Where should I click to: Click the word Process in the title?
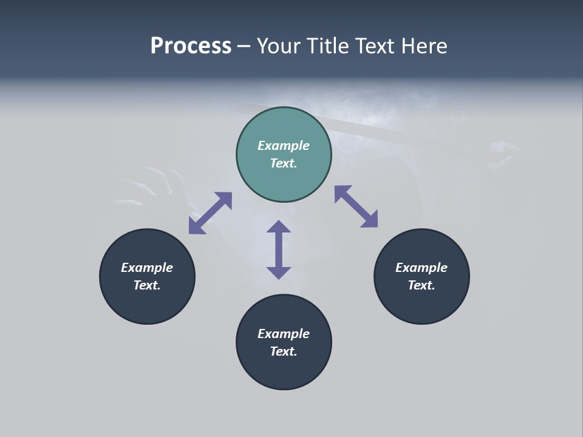191,46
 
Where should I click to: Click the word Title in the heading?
329,46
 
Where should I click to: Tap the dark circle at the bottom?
284,370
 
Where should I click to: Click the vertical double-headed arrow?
279,249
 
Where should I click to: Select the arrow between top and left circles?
210,213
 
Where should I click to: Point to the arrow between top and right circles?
356,206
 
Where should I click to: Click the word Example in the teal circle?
284,146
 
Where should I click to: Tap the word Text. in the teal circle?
284,163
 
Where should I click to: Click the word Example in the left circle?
147,268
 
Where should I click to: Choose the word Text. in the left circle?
147,285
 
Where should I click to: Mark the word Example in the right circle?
421,268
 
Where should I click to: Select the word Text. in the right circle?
421,285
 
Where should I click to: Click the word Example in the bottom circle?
284,334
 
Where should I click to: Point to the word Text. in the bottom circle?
284,351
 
